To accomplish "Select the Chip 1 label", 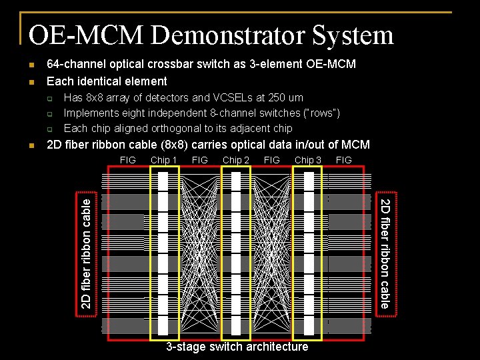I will (164, 160).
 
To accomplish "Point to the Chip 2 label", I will (236, 160).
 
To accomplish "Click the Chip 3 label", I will (308, 160).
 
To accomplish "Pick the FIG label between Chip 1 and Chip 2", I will (200, 160).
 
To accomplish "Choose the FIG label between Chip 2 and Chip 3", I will (272, 160).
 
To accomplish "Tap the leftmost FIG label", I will (127, 160).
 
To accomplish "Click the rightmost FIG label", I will (344, 160).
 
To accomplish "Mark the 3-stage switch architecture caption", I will (237, 347).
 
